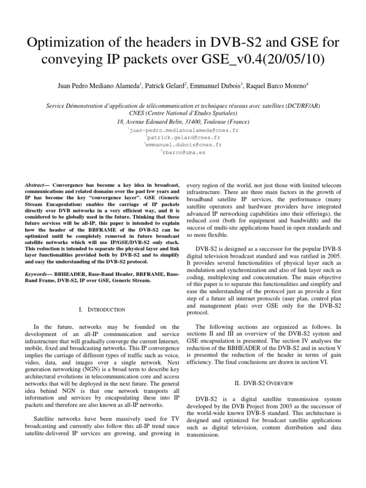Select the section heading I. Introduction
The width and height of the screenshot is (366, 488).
(102, 310)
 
